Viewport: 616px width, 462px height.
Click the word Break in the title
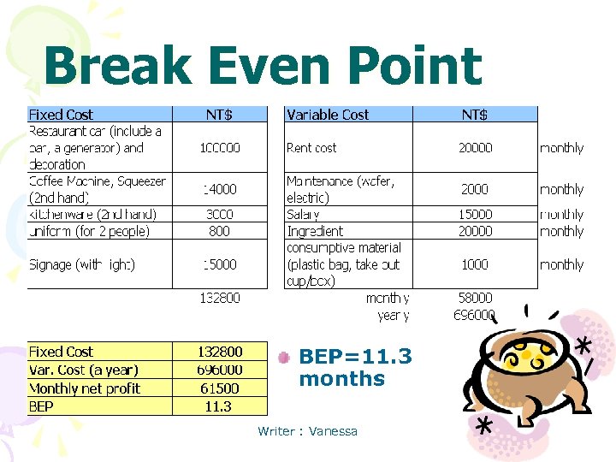pos(117,65)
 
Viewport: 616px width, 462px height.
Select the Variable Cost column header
pos(328,115)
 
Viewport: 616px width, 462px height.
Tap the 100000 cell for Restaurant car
pos(220,148)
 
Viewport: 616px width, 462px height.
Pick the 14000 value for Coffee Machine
pos(220,189)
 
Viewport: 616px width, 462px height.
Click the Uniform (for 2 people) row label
pos(89,231)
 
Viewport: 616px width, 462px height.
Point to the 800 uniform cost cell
pos(219,231)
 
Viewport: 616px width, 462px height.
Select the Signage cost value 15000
pos(220,264)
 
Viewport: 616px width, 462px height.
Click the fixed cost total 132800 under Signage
pos(220,298)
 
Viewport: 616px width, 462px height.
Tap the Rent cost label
pos(311,148)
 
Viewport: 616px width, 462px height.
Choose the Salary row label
pos(303,215)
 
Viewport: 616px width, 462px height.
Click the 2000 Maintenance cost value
pos(475,189)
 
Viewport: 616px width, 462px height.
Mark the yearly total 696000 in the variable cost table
pos(474,315)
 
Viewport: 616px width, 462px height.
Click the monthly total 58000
pos(475,298)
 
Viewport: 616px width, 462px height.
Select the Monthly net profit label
pos(85,388)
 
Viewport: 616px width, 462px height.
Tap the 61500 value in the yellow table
pos(219,388)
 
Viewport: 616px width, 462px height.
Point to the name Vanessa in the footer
pos(333,431)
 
